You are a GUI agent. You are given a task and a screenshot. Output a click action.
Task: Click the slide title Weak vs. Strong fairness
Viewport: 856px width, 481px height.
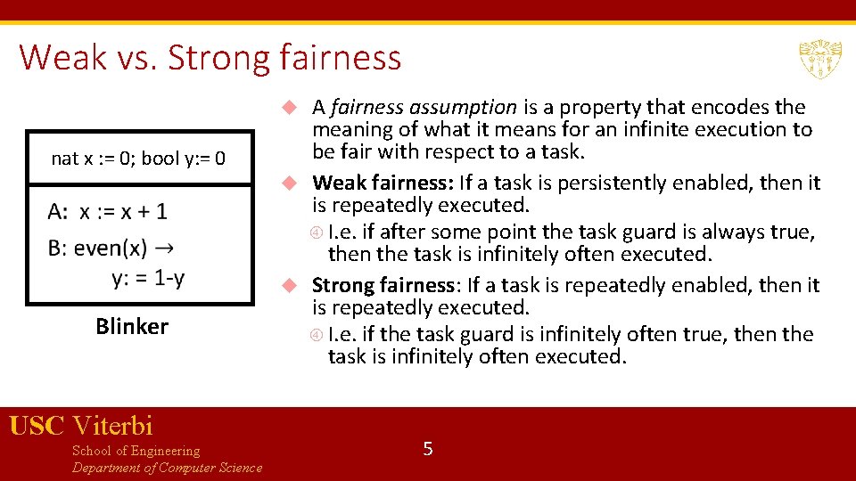tap(210, 58)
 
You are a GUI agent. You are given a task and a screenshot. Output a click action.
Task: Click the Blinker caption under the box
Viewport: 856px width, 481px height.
tap(132, 327)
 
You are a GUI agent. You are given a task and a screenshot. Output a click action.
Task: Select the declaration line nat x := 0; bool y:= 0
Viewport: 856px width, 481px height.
tap(138, 159)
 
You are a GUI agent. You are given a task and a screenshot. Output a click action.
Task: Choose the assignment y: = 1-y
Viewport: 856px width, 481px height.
tap(148, 279)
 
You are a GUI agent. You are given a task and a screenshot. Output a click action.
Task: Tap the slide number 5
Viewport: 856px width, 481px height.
tap(428, 449)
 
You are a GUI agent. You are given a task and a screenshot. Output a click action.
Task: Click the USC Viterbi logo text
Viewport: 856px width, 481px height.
tap(81, 426)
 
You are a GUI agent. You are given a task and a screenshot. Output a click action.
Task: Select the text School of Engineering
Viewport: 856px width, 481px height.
tap(136, 451)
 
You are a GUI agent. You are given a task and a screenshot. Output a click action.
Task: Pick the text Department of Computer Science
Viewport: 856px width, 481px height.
tap(167, 468)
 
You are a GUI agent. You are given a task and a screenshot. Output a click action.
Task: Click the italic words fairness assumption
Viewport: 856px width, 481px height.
tap(423, 108)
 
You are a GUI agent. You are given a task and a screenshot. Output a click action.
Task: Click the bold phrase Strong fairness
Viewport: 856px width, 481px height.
tap(383, 286)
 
